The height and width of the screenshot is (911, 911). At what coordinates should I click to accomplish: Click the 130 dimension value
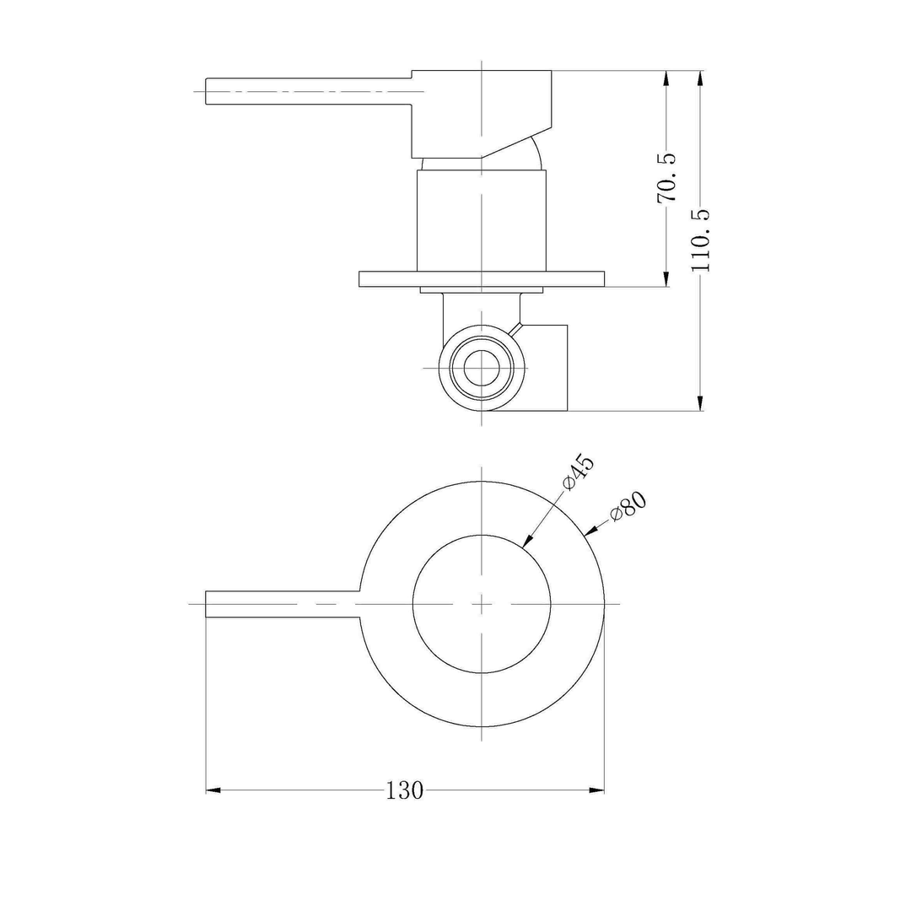[405, 790]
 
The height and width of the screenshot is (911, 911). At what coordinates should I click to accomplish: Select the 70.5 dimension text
[667, 178]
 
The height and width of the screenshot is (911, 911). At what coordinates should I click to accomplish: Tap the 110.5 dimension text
[701, 240]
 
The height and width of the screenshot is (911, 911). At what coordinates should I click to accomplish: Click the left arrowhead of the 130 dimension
[213, 790]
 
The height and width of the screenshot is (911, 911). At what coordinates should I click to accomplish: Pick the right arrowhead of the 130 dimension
[597, 790]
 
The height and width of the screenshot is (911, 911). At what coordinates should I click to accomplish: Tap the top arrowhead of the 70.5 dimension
[666, 78]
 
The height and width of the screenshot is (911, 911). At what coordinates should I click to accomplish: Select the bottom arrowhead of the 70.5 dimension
[666, 279]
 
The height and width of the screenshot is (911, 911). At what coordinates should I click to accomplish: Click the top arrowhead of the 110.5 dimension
[700, 78]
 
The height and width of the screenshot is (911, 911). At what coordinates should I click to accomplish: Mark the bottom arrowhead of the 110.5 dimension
[700, 403]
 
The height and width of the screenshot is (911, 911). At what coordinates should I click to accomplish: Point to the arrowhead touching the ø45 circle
[526, 542]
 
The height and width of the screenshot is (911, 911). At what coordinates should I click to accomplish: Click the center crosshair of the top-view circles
[481, 604]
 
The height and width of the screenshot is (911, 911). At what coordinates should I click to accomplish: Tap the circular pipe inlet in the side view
[481, 369]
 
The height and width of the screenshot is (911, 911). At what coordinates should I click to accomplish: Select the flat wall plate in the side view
[481, 278]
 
